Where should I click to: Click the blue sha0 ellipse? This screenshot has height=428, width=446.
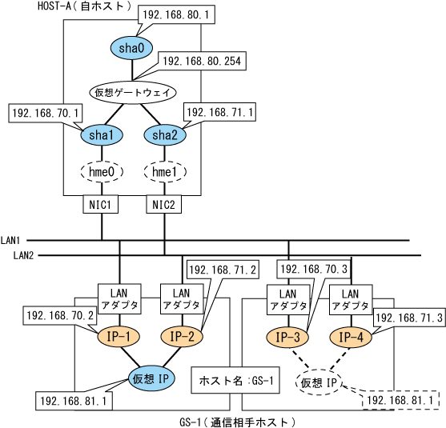point(131,48)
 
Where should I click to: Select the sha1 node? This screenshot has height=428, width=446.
point(102,135)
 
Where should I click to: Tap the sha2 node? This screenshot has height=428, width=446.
point(165,135)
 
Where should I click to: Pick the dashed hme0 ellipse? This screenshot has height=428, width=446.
point(102,172)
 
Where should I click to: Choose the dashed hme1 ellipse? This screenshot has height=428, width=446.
point(165,172)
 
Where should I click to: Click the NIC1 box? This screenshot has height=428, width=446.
point(100,204)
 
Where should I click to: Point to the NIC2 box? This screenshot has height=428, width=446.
point(163,204)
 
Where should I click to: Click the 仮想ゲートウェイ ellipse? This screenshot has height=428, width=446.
point(133,92)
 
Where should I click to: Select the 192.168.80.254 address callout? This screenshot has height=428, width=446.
point(202,61)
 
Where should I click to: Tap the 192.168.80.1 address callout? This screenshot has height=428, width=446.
point(176,14)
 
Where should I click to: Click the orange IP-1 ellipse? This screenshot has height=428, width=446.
point(119,337)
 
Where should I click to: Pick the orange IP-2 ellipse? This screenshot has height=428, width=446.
point(182,337)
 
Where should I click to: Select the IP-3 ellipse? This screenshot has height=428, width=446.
point(287,338)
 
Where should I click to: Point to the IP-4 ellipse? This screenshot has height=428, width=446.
point(351,338)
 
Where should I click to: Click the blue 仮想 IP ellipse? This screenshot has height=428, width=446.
point(151,378)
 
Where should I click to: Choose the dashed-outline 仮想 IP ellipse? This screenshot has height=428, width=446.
point(319,382)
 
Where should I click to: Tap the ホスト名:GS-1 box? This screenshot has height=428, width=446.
point(235,380)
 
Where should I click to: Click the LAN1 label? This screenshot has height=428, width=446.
point(10,241)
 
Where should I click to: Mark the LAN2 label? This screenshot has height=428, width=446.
point(23,255)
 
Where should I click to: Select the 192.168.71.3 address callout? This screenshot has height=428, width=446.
point(409,318)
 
